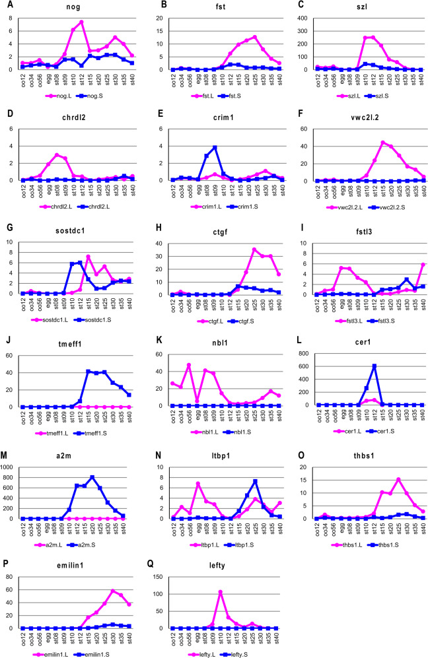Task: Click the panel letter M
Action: [5, 455]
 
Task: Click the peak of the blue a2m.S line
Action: [92, 477]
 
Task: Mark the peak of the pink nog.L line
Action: [81, 22]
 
